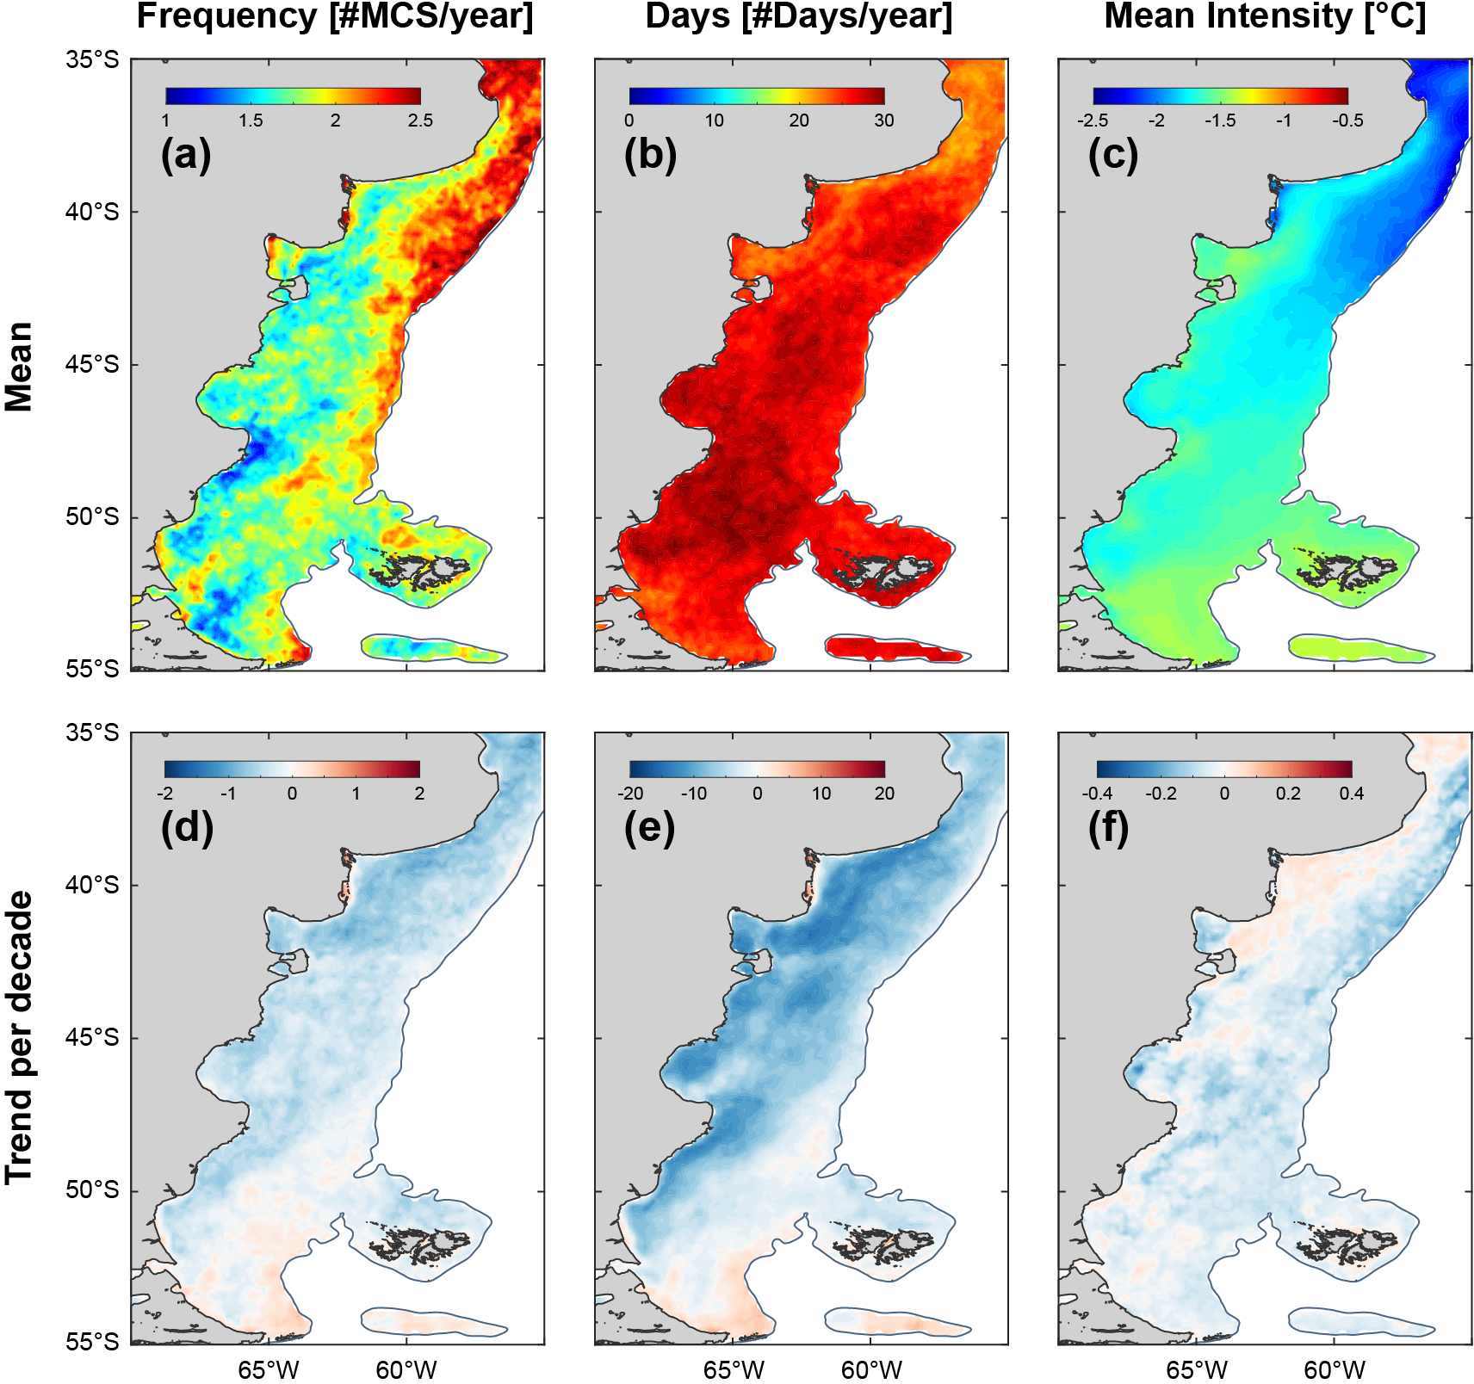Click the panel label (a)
(x=186, y=155)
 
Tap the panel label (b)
(x=650, y=155)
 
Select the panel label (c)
(x=1113, y=155)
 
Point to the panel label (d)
(x=186, y=828)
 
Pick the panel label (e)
(x=650, y=828)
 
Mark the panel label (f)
(x=1109, y=828)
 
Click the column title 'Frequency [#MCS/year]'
(x=335, y=17)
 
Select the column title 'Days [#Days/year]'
(x=799, y=17)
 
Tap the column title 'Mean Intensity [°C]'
(x=1264, y=17)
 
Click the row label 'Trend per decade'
(x=19, y=1037)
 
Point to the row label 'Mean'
(x=19, y=367)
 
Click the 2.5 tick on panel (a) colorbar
(x=420, y=120)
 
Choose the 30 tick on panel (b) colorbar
(x=884, y=120)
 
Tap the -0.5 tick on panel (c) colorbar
(x=1347, y=120)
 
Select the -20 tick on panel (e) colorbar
(x=630, y=794)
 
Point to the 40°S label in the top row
(x=92, y=212)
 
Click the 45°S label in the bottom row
(x=92, y=1038)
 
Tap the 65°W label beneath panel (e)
(x=734, y=1369)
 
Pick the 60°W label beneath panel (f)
(x=1335, y=1369)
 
